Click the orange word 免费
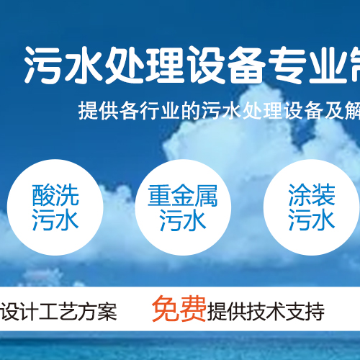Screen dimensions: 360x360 point(179,309)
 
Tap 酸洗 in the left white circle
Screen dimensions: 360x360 point(55,195)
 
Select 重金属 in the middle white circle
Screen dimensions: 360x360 point(183,195)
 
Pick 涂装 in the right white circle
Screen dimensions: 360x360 point(312,195)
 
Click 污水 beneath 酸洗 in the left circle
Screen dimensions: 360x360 point(55,220)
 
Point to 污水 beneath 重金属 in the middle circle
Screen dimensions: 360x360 point(183,220)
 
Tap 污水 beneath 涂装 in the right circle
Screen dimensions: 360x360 point(312,220)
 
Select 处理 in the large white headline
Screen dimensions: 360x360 point(145,65)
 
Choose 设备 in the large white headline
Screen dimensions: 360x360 point(225,65)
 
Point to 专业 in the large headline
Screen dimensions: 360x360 point(308,65)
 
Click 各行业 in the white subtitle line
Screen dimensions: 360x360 point(150,111)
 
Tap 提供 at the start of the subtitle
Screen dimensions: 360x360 point(99,111)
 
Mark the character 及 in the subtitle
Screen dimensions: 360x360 point(334,111)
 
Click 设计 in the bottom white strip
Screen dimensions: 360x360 point(19,312)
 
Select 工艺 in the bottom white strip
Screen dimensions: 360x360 point(58,312)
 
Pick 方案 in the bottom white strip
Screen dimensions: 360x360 point(98,312)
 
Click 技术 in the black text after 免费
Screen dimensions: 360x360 point(266,312)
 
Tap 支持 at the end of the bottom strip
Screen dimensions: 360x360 point(305,312)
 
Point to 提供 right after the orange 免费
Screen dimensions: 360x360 point(227,312)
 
